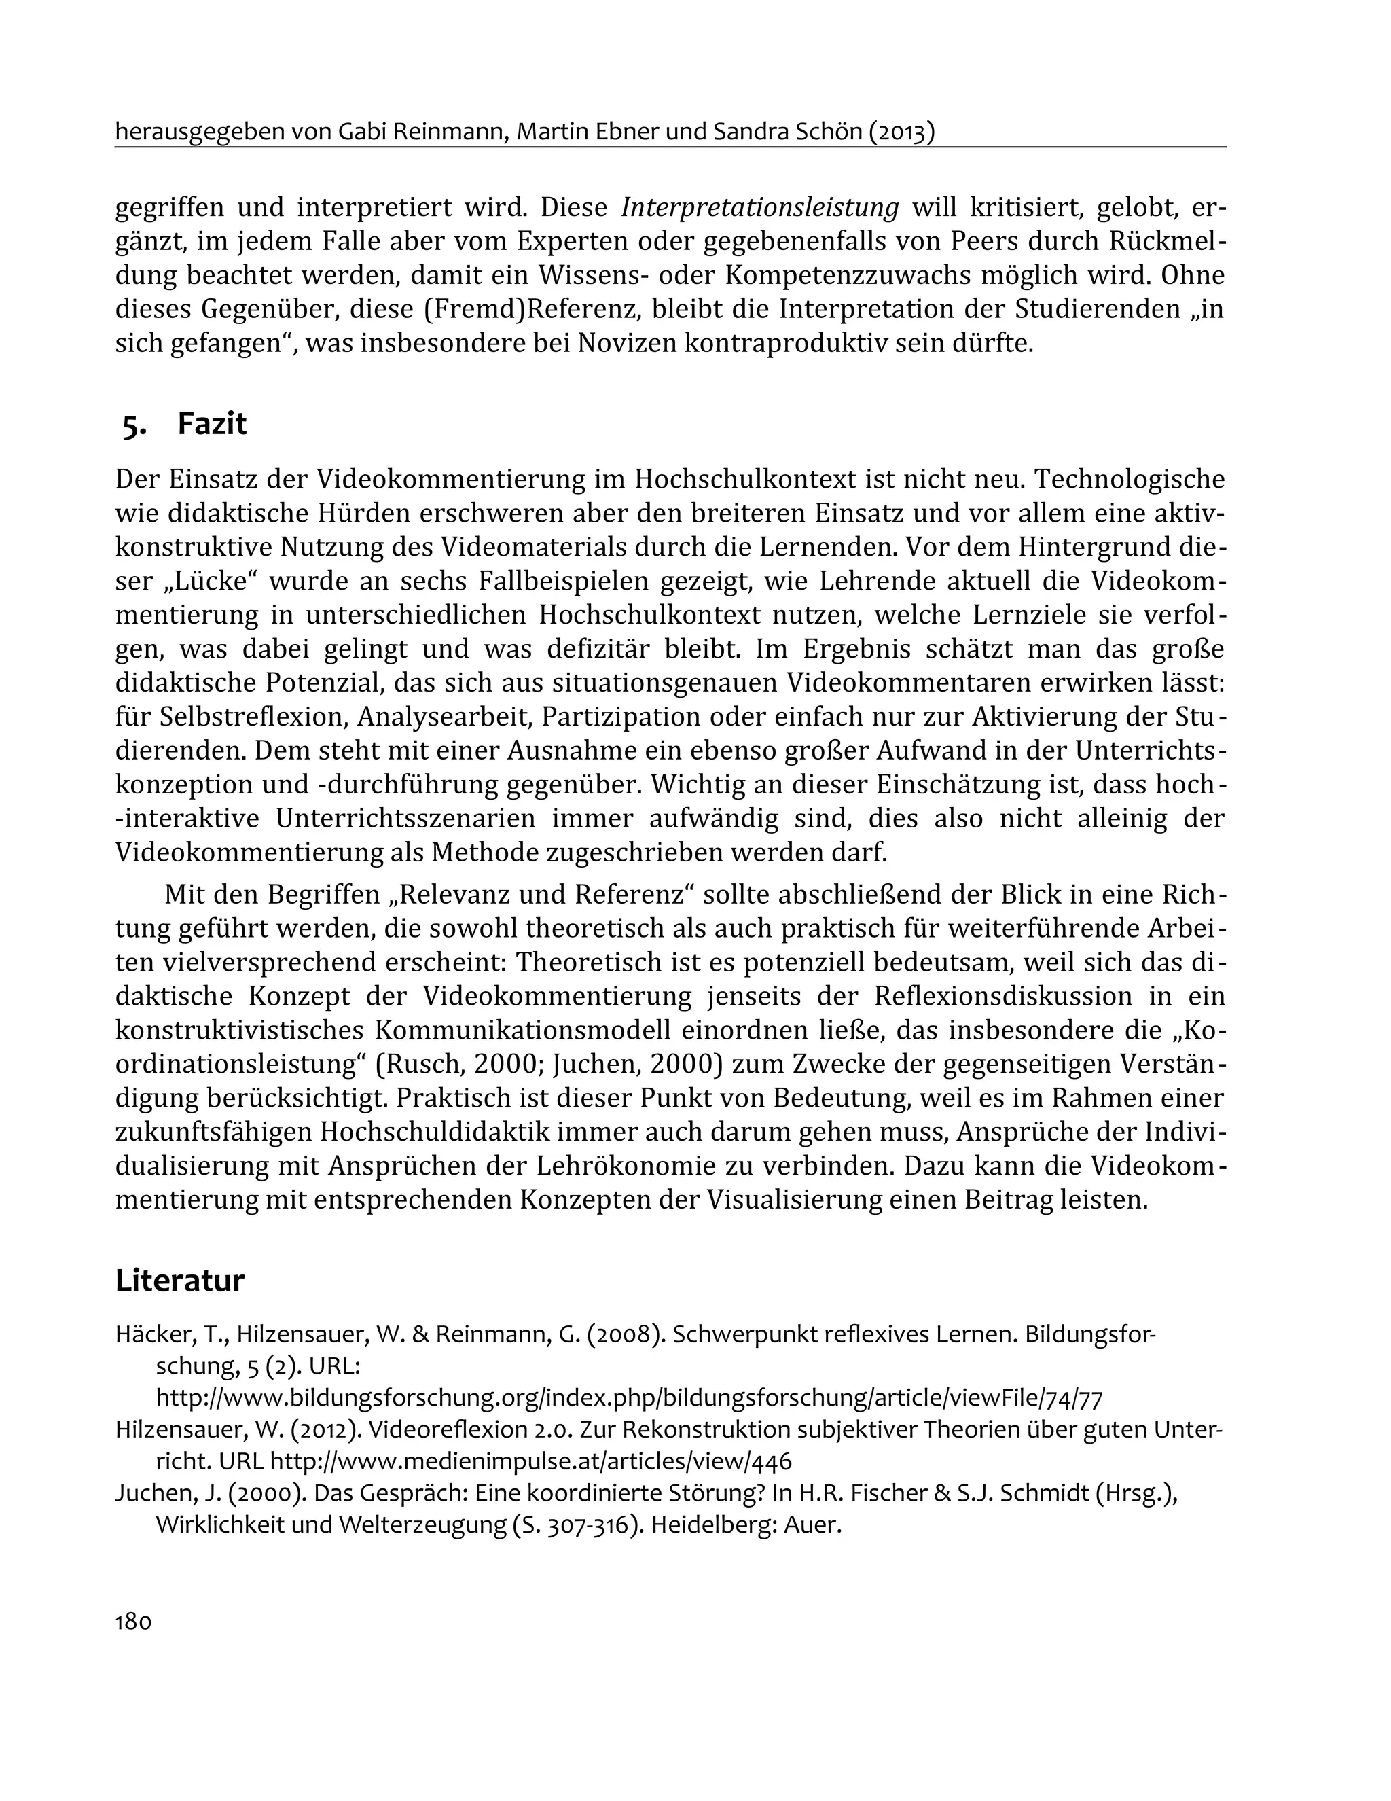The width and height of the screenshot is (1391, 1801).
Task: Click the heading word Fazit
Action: [x=212, y=424]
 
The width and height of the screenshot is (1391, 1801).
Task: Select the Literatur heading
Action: [x=180, y=1281]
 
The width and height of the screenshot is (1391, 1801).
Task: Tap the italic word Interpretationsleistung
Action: [x=759, y=207]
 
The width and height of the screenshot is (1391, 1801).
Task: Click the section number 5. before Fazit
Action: [x=134, y=425]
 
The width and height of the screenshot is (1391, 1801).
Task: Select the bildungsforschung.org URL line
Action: [x=629, y=1397]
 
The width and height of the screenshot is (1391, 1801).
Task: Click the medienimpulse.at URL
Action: [x=530, y=1461]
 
